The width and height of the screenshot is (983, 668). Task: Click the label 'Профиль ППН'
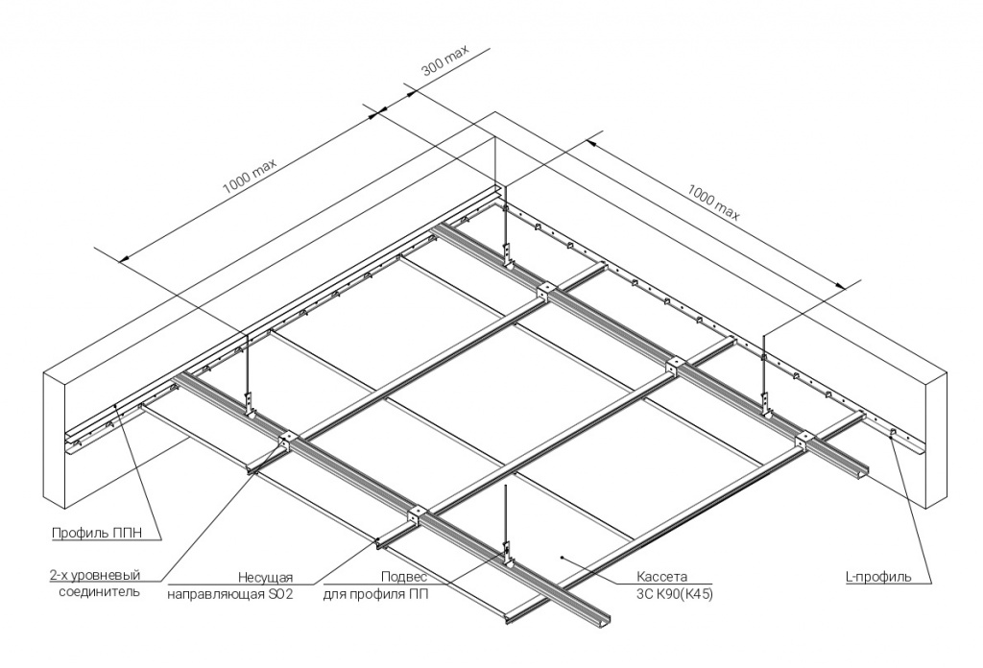coord(97,534)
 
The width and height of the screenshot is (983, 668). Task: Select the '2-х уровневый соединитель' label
coord(95,584)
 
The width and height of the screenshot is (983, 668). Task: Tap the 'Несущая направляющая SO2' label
coord(230,585)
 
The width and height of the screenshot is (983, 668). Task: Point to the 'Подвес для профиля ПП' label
coord(376,585)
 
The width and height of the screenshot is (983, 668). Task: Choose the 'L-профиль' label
coord(878,577)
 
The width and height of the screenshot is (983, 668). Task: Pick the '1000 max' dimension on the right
coord(713,202)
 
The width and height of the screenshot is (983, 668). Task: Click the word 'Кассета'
coord(662,577)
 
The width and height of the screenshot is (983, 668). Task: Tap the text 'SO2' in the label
coord(281,594)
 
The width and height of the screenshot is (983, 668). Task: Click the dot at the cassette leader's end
coord(563,557)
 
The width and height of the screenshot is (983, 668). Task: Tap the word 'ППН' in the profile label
coord(128,534)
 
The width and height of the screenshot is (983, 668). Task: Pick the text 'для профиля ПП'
coord(376,594)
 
